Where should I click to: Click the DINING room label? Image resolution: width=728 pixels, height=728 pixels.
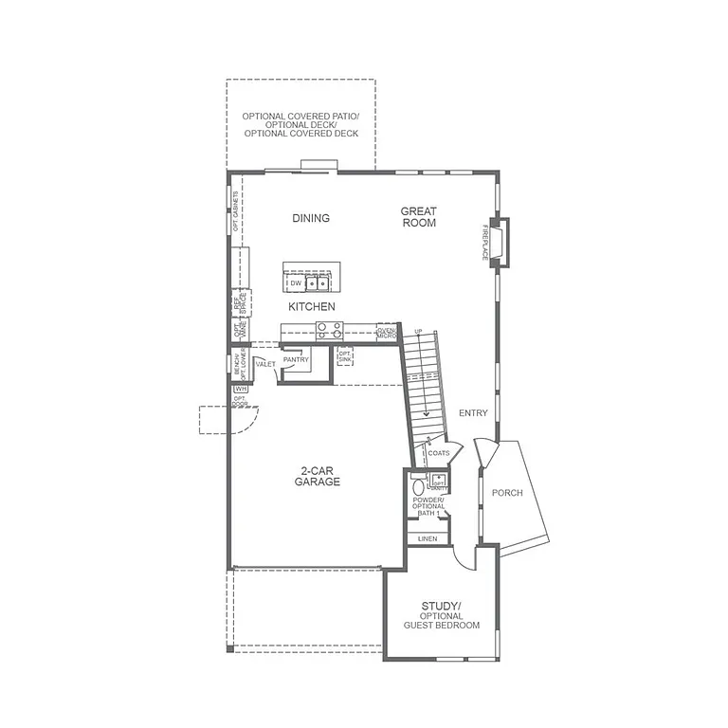point(311,218)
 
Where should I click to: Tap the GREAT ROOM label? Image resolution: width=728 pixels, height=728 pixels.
point(418,217)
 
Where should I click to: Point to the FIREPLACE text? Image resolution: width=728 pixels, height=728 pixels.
point(483,242)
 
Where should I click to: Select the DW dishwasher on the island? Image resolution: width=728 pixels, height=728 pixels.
point(296,282)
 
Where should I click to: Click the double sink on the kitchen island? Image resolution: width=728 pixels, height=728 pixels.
point(317,282)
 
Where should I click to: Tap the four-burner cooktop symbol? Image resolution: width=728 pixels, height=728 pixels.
point(329,330)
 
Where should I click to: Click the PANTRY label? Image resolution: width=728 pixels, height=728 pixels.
point(297,360)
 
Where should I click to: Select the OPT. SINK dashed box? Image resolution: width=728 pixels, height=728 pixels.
point(345,356)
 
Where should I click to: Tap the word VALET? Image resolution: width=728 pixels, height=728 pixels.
point(265,363)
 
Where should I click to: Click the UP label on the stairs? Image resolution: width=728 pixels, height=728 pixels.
point(418,332)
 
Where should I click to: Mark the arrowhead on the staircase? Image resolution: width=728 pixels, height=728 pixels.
point(427,412)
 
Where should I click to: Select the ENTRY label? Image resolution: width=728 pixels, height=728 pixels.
point(473,413)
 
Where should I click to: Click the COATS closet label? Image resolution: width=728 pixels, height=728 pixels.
point(439,453)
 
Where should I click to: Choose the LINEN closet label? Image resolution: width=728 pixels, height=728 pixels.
point(428,538)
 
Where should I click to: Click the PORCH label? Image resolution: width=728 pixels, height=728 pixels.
point(507,493)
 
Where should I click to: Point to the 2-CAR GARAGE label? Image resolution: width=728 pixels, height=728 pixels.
point(317,476)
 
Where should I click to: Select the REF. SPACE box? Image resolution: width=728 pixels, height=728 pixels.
point(241,303)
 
